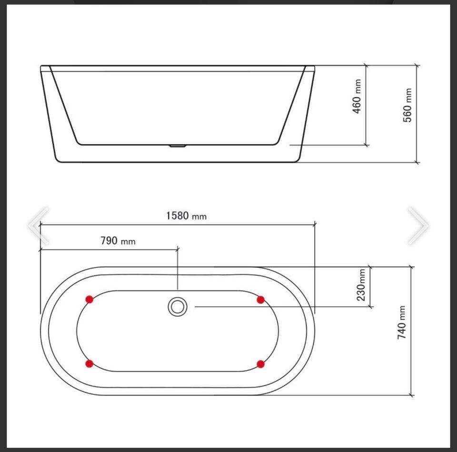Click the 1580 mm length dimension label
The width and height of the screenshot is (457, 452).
[186, 216]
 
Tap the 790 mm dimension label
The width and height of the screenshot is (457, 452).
[118, 241]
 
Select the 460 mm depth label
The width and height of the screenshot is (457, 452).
[357, 97]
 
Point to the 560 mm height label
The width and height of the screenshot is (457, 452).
[407, 105]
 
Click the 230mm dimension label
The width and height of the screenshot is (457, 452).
[361, 285]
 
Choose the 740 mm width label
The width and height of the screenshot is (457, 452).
[401, 323]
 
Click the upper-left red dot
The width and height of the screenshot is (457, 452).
[89, 299]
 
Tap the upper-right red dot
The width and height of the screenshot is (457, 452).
[260, 300]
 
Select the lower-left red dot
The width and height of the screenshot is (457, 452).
[89, 364]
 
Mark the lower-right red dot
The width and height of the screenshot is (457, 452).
[260, 364]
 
